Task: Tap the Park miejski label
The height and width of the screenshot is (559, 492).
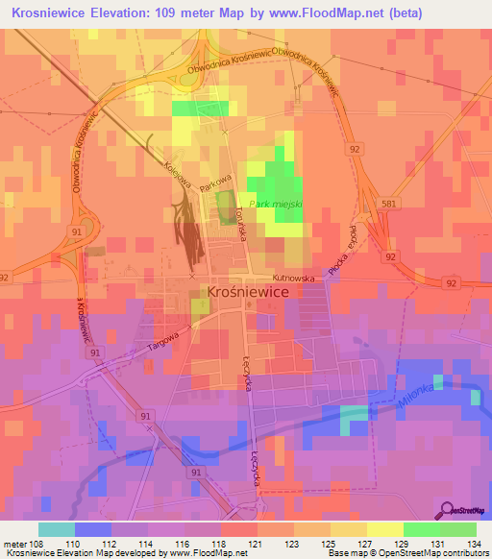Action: click(276, 205)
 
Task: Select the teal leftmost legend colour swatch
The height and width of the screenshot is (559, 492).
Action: click(57, 529)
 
